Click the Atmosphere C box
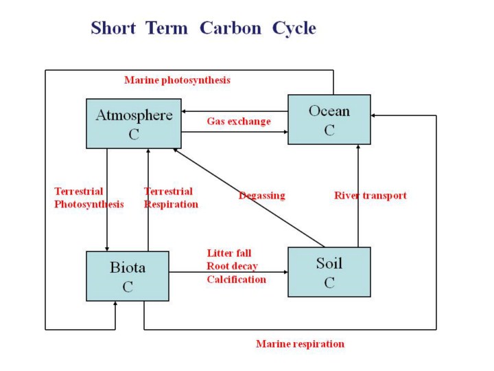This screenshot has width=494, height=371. pyautogui.click(x=134, y=124)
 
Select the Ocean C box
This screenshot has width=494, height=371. pyautogui.click(x=329, y=120)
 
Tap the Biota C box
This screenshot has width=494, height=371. pyautogui.click(x=128, y=276)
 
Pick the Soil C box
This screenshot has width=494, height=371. pyautogui.click(x=329, y=272)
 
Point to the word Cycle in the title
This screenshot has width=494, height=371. pyautogui.click(x=294, y=29)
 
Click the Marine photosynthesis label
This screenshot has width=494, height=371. pyautogui.click(x=177, y=80)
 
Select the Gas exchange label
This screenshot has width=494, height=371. pyautogui.click(x=239, y=122)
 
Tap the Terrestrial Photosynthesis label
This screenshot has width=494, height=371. pyautogui.click(x=89, y=198)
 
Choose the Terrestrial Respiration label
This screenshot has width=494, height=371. pyautogui.click(x=171, y=198)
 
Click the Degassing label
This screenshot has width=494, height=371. pyautogui.click(x=261, y=196)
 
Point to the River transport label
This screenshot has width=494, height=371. pyautogui.click(x=370, y=196)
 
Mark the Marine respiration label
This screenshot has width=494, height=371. pyautogui.click(x=300, y=344)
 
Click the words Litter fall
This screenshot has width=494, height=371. pyautogui.click(x=229, y=254)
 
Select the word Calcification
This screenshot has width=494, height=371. pyautogui.click(x=236, y=280)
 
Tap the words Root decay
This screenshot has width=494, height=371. pyautogui.click(x=232, y=267)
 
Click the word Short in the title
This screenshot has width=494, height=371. pyautogui.click(x=114, y=29)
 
